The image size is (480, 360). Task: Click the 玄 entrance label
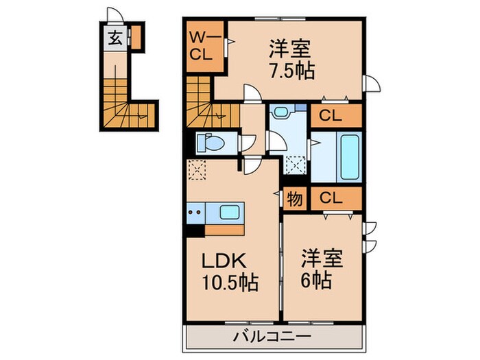coord(115,38)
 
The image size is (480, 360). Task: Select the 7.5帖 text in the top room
coord(292,71)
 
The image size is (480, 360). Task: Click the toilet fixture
coord(209,143)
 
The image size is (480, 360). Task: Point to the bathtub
coord(349,156)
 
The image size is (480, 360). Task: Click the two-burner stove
coord(194,213)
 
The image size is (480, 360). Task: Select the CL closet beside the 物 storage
coord(331,199)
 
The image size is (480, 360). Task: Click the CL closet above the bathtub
coord(331,116)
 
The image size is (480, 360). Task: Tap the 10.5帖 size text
coord(230,283)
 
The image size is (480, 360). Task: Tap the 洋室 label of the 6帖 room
coord(319,259)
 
